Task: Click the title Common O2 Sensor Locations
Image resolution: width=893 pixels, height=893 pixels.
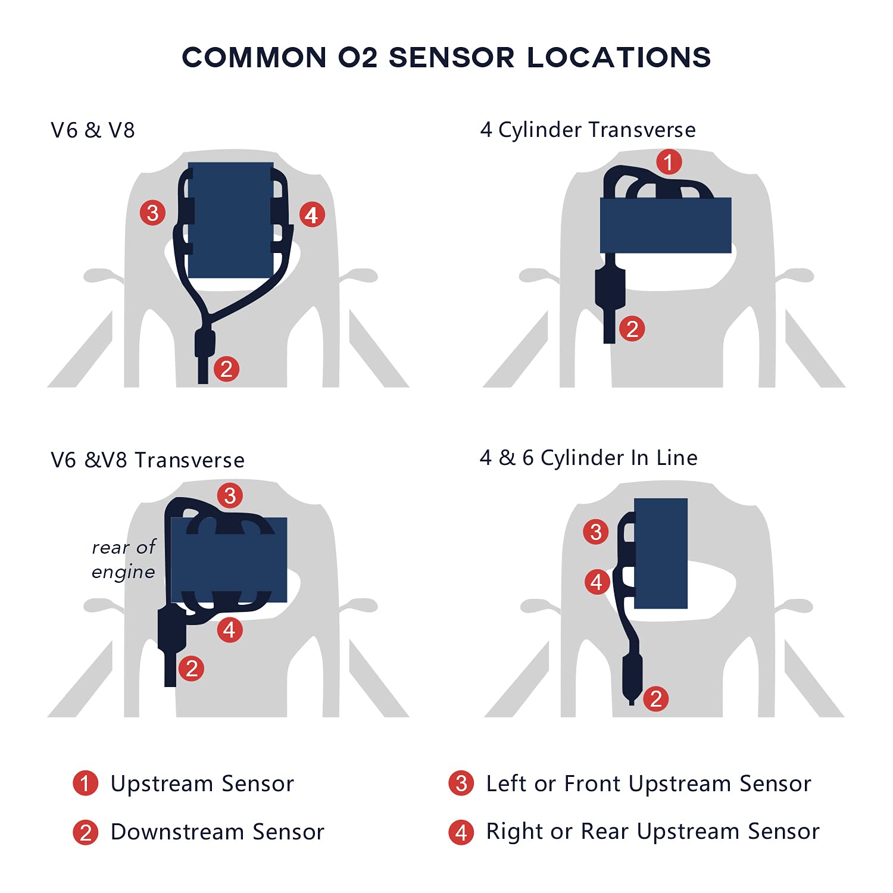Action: [447, 57]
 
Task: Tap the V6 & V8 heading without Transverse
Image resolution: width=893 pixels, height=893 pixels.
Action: [93, 130]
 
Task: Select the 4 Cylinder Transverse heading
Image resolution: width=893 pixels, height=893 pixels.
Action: [588, 130]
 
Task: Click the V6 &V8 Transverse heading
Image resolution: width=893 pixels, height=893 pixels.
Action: [148, 460]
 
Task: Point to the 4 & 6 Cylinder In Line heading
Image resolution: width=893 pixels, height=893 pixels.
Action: [589, 458]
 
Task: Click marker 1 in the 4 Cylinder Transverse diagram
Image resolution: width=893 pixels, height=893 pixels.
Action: [669, 162]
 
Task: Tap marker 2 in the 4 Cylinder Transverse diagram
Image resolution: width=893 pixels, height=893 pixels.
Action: [632, 329]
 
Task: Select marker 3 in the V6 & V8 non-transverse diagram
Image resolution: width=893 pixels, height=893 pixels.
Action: [152, 213]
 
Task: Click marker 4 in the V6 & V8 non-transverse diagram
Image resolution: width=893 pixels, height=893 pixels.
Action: [312, 214]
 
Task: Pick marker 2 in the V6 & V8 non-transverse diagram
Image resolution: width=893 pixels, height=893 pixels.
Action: [226, 369]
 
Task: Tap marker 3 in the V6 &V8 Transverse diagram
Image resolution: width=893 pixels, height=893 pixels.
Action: [230, 495]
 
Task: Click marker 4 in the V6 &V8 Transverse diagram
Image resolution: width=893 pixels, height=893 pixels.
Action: [230, 630]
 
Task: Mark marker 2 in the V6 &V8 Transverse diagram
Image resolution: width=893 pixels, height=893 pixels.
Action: [191, 668]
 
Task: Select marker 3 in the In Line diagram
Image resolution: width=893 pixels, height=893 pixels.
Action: [596, 532]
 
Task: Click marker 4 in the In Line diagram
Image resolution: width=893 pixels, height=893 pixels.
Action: [597, 582]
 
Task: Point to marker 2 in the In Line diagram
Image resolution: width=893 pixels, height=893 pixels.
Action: [656, 698]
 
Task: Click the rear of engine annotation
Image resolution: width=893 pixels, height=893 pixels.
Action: [124, 560]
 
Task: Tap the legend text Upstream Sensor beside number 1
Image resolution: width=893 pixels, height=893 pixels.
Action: [202, 783]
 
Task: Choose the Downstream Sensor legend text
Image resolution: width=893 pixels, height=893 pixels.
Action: [217, 832]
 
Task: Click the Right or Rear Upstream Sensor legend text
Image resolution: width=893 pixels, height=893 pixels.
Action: [652, 832]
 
